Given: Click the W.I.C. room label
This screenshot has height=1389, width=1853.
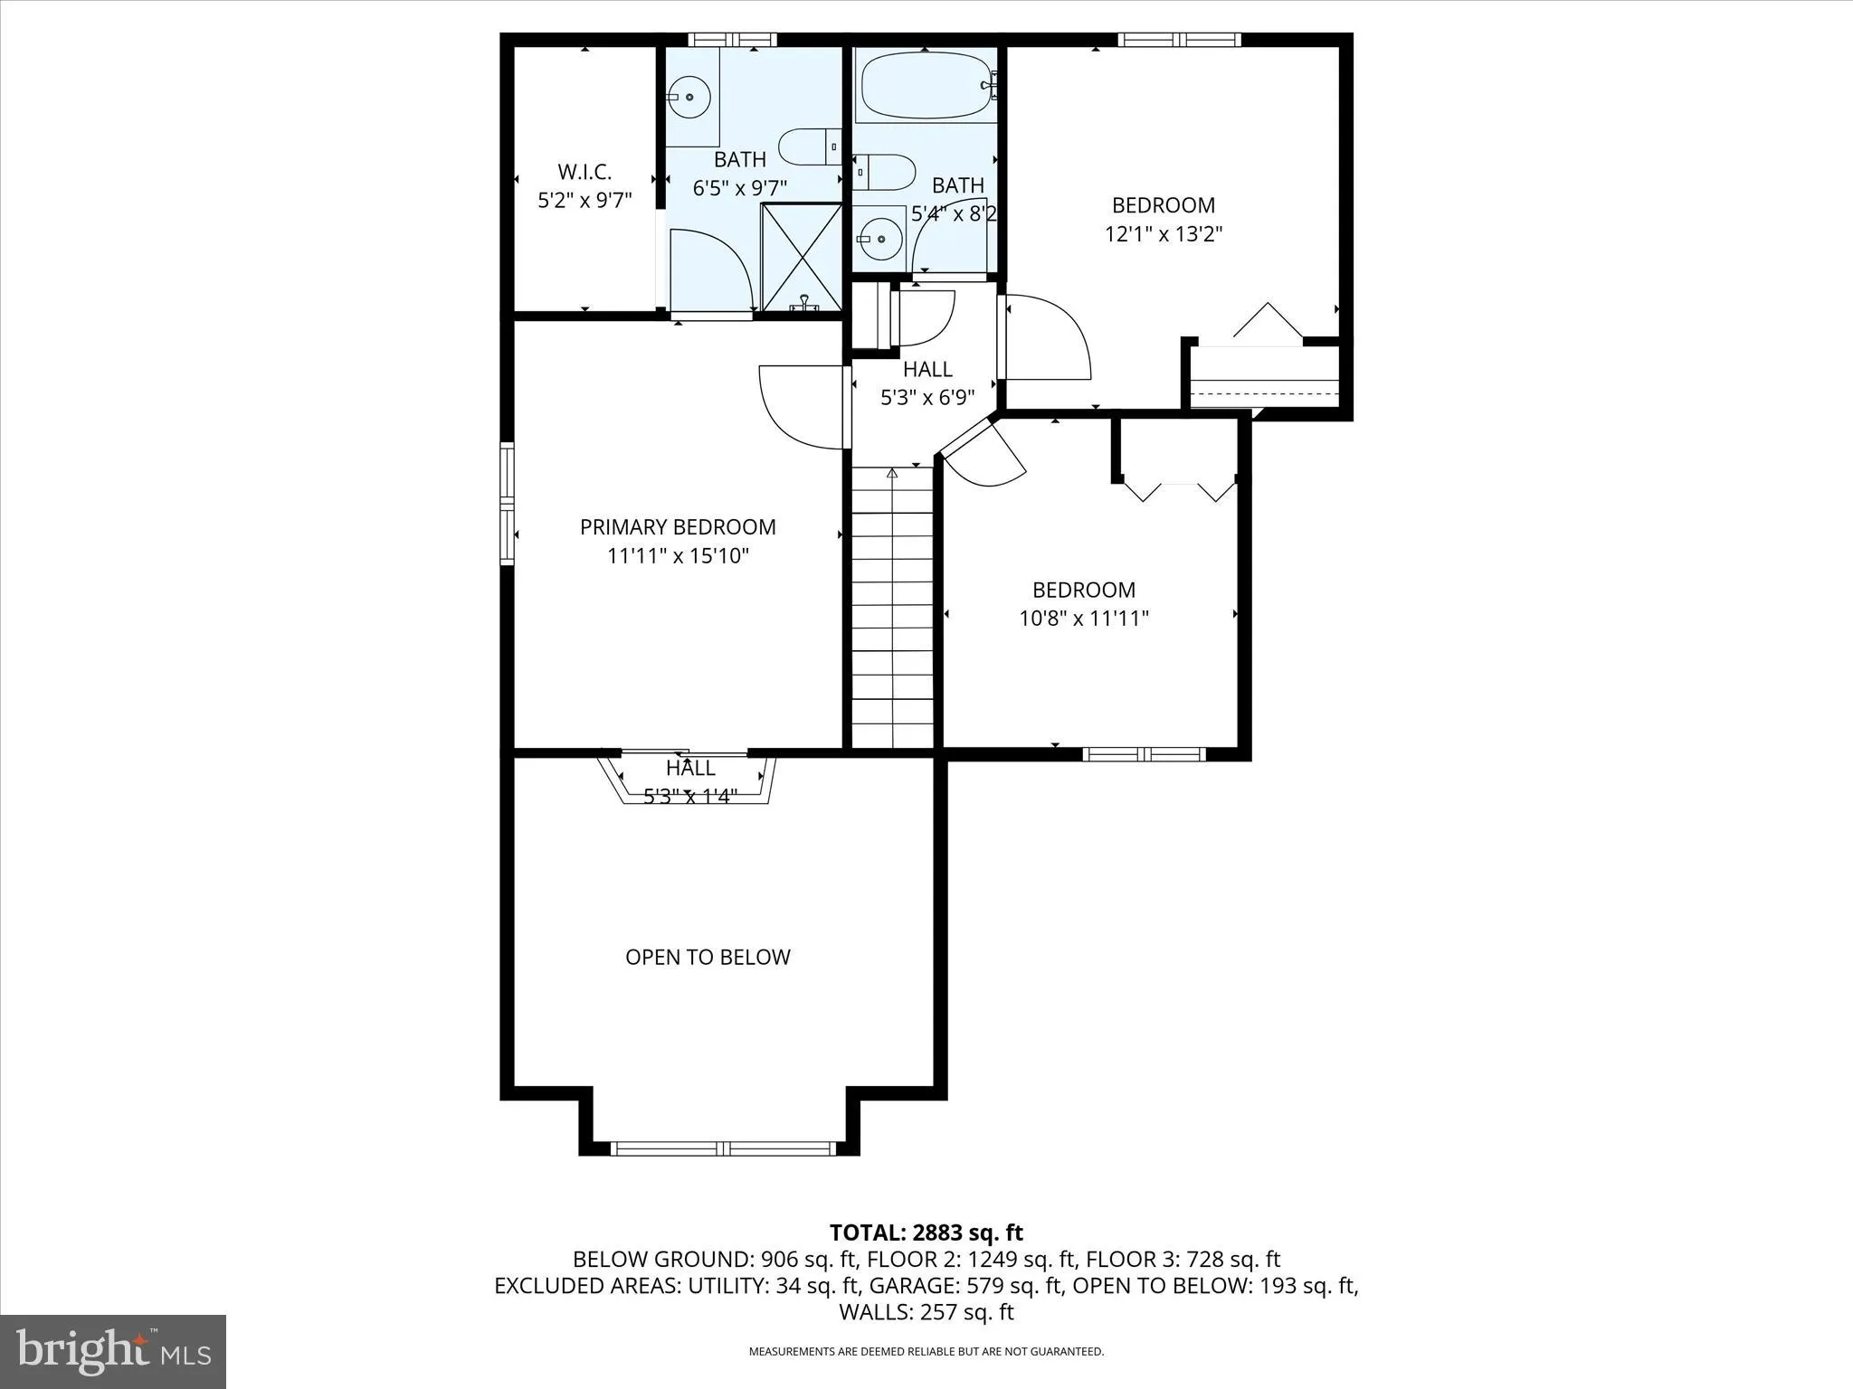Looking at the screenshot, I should (584, 172).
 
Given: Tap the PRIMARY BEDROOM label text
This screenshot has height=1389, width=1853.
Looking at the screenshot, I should (678, 527).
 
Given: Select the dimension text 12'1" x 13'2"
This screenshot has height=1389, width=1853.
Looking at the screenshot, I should (1164, 234).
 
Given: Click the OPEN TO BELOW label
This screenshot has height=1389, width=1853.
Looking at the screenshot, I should (708, 957).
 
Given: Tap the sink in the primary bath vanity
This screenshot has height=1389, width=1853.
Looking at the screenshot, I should (689, 96).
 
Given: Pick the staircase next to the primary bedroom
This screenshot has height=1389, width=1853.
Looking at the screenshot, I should (892, 606).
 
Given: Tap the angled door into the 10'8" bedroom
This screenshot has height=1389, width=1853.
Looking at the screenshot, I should (986, 457).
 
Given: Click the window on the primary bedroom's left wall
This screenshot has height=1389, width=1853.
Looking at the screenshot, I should (508, 504).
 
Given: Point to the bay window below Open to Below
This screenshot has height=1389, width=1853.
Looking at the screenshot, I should (722, 1148).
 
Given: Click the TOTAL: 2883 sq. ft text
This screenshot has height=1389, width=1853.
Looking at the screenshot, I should (926, 1233).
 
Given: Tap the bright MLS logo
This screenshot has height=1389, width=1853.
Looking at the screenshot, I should (113, 1351).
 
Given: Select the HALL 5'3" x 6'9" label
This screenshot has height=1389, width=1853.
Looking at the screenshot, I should (927, 383).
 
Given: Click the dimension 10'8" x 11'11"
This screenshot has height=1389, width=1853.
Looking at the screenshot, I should (1084, 619).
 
